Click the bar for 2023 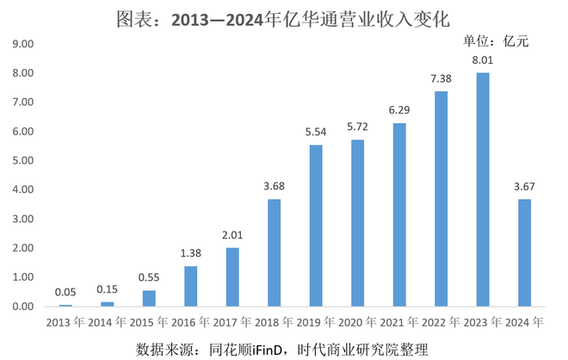[x=483, y=189]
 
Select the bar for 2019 [x=316, y=226]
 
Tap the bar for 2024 [x=524, y=252]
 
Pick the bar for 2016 [x=191, y=286]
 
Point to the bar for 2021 [x=399, y=214]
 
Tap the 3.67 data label [x=524, y=188]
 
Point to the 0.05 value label [x=65, y=293]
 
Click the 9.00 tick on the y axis [x=23, y=44]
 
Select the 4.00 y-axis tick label [x=23, y=189]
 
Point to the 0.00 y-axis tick [x=23, y=307]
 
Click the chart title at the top [x=283, y=17]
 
